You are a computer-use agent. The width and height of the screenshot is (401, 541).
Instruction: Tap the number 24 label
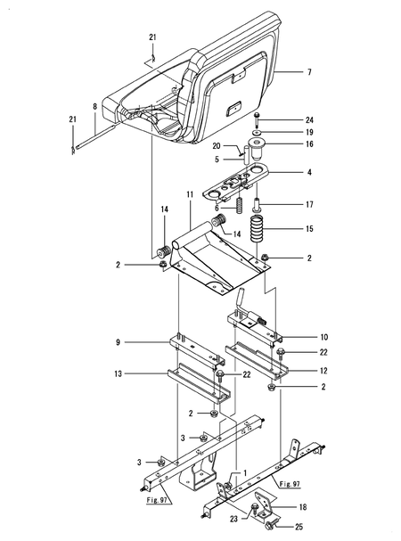click(285, 119)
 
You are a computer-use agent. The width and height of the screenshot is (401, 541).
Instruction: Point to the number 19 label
click(285, 131)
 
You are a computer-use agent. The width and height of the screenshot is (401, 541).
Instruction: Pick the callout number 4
click(285, 172)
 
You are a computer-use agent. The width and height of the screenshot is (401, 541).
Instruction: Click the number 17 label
click(285, 205)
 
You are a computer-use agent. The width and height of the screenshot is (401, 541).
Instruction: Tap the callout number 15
click(285, 229)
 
